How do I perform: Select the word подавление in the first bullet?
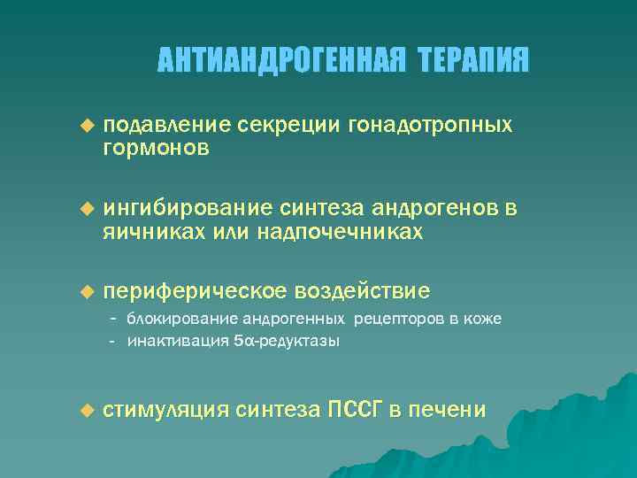[x=167, y=126]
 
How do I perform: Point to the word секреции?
[x=281, y=126]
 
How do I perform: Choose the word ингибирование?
[x=188, y=209]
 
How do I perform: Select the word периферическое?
[x=196, y=291]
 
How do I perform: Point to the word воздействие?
[x=363, y=291]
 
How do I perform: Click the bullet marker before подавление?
[x=87, y=126]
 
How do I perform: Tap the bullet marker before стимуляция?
[x=87, y=410]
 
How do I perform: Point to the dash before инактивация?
[x=114, y=340]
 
